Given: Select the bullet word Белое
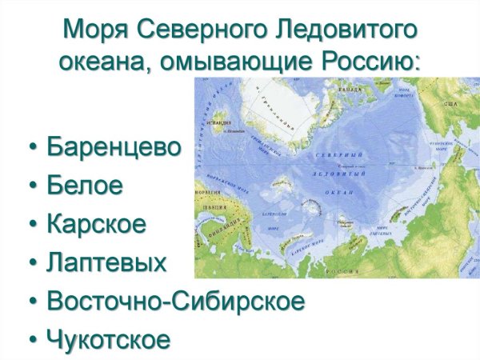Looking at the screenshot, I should [x=85, y=186].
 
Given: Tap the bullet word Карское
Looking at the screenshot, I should [x=97, y=224].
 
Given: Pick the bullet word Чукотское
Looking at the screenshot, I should [x=108, y=339].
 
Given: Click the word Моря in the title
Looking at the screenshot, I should [x=90, y=30].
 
